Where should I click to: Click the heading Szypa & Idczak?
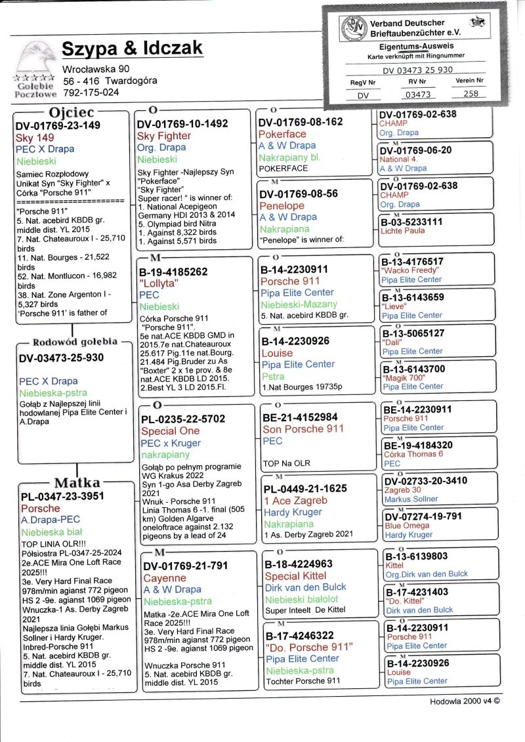[132, 49]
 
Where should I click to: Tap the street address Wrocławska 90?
[96, 69]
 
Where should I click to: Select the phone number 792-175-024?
[91, 93]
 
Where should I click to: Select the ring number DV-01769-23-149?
[58, 125]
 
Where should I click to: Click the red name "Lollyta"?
[159, 283]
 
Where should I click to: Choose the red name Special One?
[170, 431]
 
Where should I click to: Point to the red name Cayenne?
[165, 578]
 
